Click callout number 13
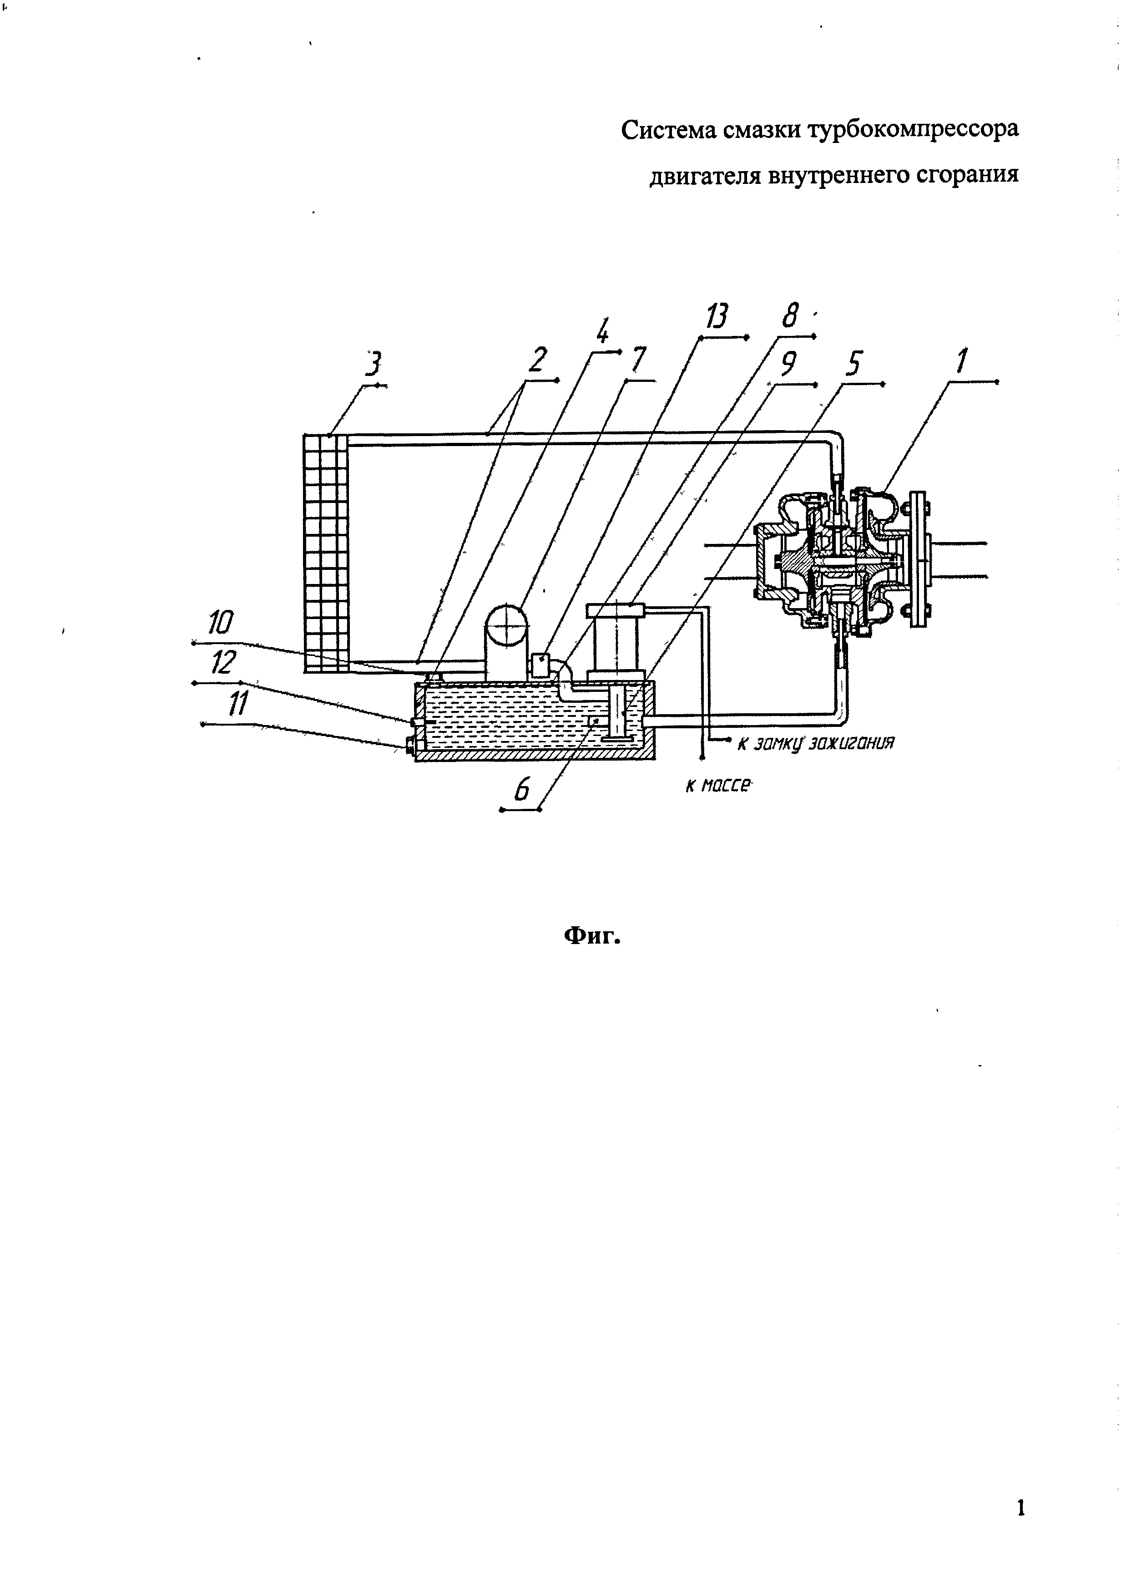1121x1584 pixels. pos(717,317)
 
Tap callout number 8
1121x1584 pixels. pos(790,317)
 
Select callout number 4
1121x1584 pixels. pos(602,334)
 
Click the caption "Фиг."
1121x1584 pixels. pos(593,936)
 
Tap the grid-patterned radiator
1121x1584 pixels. pos(326,553)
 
